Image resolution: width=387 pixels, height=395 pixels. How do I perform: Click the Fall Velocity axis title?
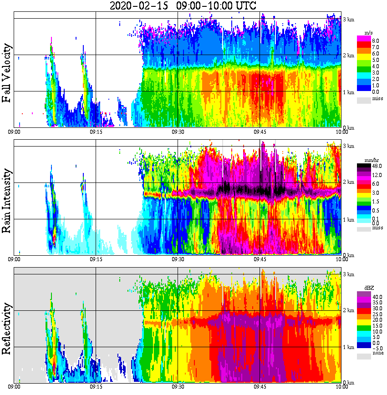(x=7, y=73)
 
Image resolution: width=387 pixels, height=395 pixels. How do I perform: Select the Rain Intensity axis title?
(x=7, y=201)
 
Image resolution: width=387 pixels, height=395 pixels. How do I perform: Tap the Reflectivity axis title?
(x=7, y=325)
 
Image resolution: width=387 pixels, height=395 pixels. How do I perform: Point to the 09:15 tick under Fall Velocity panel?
(x=96, y=132)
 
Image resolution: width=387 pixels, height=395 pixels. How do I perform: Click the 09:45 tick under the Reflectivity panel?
(x=260, y=387)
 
